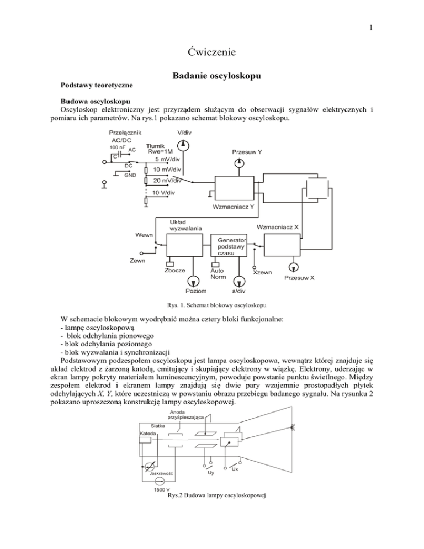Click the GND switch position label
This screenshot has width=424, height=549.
coord(130,175)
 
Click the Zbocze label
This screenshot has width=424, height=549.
coord(175,271)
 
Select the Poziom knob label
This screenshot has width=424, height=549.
coord(197,291)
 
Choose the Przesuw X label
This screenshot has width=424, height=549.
coord(299,277)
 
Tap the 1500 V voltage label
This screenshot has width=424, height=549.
coord(161,490)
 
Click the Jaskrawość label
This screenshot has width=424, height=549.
coord(162,474)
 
